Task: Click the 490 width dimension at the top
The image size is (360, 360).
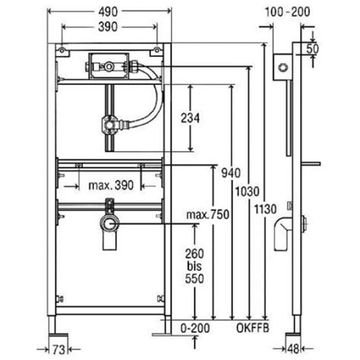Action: tap(108, 11)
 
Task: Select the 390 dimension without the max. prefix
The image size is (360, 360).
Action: tap(108, 27)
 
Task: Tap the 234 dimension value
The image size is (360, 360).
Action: tap(190, 118)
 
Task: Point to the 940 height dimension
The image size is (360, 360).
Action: tap(231, 173)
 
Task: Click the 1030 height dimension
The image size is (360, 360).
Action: tap(248, 191)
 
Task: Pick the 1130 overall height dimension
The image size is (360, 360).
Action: tap(265, 210)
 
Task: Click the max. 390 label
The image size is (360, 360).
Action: tap(111, 185)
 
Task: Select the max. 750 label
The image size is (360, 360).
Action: tap(207, 215)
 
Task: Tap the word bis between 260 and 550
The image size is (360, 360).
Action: tap(194, 266)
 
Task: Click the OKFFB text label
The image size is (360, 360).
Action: tap(253, 328)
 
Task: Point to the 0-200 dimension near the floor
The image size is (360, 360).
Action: tap(195, 328)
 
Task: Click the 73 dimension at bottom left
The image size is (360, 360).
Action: tap(58, 350)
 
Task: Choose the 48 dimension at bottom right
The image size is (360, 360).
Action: tap(294, 349)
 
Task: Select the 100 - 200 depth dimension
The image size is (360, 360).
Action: tap(287, 12)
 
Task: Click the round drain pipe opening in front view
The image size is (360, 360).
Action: tap(109, 224)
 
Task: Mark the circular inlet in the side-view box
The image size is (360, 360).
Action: tap(283, 68)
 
